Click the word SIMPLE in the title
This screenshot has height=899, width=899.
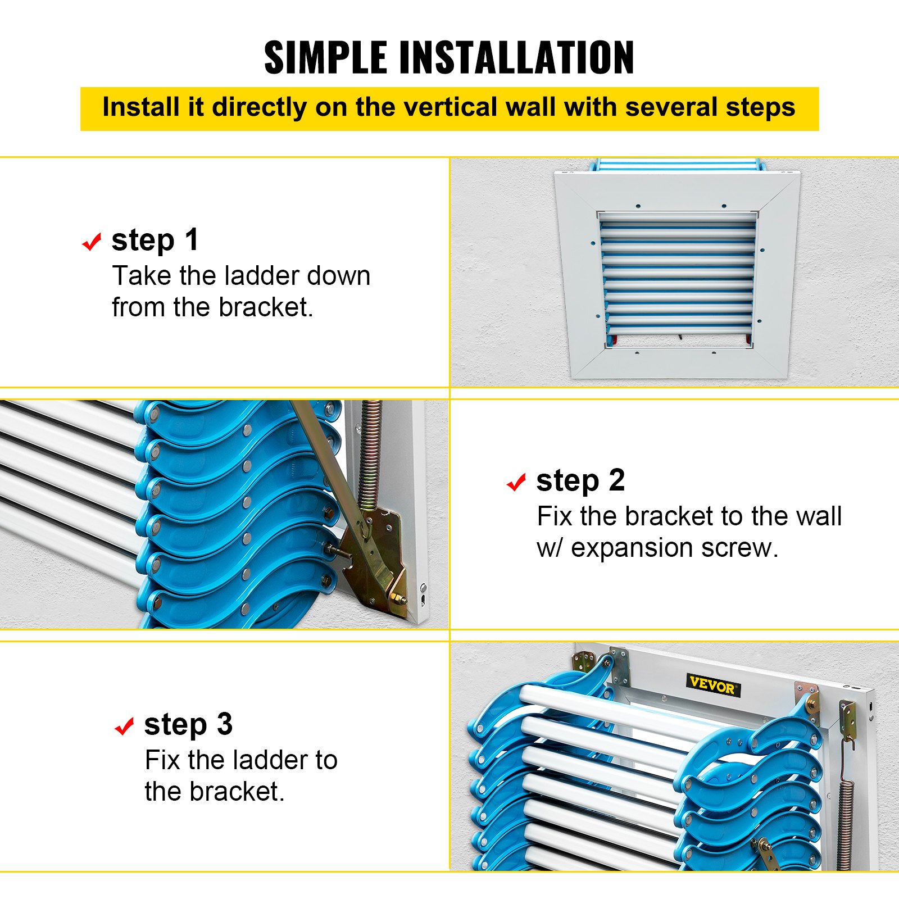[x=325, y=57]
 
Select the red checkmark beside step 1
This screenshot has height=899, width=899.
[x=92, y=242]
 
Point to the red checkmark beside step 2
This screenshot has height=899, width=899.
[x=516, y=482]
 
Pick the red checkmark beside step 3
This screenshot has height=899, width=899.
[x=124, y=726]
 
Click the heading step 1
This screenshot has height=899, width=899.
[x=155, y=240]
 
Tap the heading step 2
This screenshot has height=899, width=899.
[x=580, y=480]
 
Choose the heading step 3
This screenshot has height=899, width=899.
[x=188, y=724]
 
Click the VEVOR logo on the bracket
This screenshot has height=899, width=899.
[x=712, y=684]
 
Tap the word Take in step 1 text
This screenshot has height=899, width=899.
[x=142, y=276]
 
